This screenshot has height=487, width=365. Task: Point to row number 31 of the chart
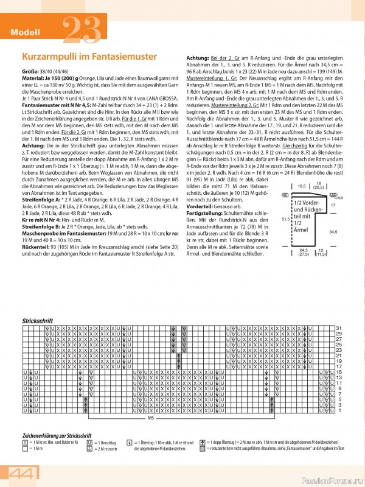(339, 329)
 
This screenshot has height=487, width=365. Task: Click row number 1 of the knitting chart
(339, 411)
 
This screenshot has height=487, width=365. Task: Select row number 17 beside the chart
(339, 367)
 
